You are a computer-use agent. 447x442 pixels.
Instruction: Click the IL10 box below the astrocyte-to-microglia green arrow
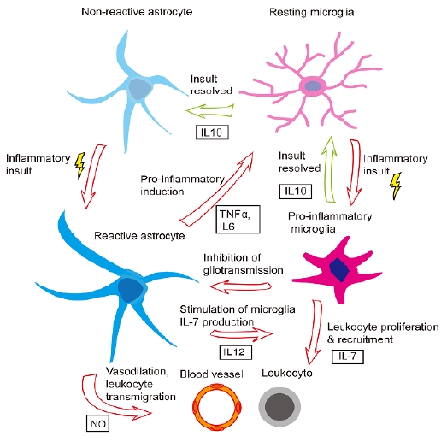point(212,133)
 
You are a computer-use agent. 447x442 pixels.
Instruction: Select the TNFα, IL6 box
point(238,219)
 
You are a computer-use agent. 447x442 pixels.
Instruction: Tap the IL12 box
point(236,352)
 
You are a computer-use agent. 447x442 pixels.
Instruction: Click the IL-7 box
point(348,357)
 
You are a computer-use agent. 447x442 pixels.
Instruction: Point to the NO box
point(97,423)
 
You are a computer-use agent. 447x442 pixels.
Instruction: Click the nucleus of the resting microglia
point(313,85)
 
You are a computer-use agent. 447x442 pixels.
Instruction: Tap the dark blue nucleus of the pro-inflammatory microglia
point(339,269)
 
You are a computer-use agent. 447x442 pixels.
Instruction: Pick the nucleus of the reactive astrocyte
point(130,290)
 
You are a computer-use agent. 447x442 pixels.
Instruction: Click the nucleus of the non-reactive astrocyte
point(138,89)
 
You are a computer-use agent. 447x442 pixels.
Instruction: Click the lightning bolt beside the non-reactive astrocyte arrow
point(80,166)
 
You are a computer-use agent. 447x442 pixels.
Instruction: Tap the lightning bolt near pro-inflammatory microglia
point(396,186)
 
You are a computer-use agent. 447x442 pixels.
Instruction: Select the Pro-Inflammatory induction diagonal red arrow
point(217,189)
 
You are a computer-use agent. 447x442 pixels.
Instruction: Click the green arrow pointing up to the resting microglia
point(330,169)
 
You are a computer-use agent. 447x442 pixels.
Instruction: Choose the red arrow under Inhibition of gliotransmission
point(240,286)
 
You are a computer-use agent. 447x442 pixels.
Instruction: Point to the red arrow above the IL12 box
point(242,334)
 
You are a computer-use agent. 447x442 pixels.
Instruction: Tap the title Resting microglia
point(312,12)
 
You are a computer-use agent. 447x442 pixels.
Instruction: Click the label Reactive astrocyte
point(139,236)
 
